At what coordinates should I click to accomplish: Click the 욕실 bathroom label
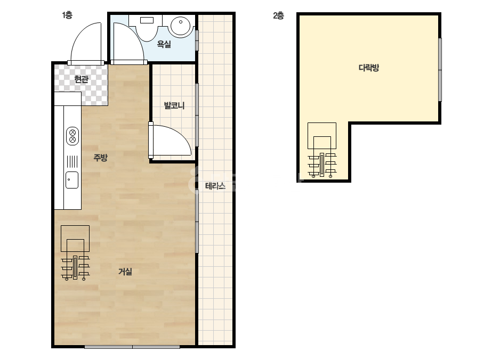(164, 44)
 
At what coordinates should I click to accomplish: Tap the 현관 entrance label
(81, 79)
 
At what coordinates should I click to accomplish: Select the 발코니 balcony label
(174, 105)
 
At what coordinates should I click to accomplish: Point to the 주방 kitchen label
(100, 157)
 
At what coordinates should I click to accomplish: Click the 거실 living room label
(125, 272)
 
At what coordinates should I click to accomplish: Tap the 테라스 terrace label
(215, 186)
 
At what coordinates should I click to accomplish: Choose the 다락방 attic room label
(369, 68)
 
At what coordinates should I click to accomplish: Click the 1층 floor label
(67, 15)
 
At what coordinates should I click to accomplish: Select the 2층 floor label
(278, 15)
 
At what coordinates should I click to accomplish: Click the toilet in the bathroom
(147, 28)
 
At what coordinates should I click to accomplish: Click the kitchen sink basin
(72, 180)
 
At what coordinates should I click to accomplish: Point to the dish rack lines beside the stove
(72, 161)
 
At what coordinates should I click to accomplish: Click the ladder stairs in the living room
(75, 253)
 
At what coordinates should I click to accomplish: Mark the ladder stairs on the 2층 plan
(322, 150)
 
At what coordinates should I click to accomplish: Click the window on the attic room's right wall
(440, 70)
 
